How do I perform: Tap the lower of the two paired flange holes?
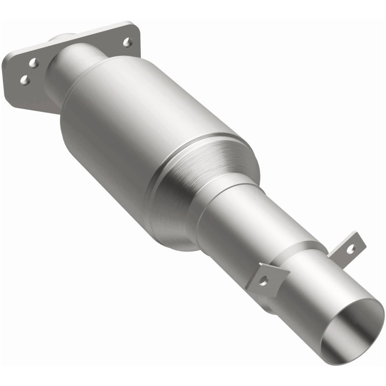coord(24,80)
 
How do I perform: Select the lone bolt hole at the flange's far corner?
coord(128,42)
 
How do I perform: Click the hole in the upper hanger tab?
coord(351,248)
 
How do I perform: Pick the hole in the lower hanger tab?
coord(264,281)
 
